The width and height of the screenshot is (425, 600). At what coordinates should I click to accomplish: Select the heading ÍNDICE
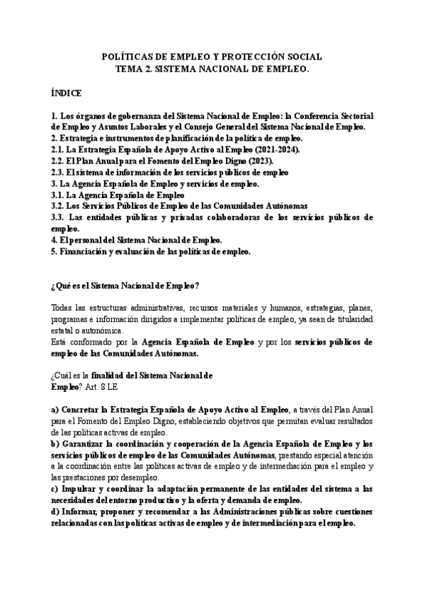pyautogui.click(x=67, y=93)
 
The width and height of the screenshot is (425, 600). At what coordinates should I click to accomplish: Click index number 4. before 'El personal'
pyautogui.click(x=54, y=240)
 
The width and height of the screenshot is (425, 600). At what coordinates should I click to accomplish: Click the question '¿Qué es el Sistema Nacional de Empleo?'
pyautogui.click(x=125, y=286)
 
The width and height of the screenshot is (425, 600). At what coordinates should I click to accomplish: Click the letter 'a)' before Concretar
pyautogui.click(x=55, y=410)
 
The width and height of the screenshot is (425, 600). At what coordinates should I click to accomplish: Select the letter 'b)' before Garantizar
pyautogui.click(x=55, y=444)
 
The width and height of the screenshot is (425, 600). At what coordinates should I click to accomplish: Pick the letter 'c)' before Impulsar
pyautogui.click(x=55, y=489)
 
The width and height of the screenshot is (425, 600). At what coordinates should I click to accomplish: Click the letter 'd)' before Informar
pyautogui.click(x=55, y=512)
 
